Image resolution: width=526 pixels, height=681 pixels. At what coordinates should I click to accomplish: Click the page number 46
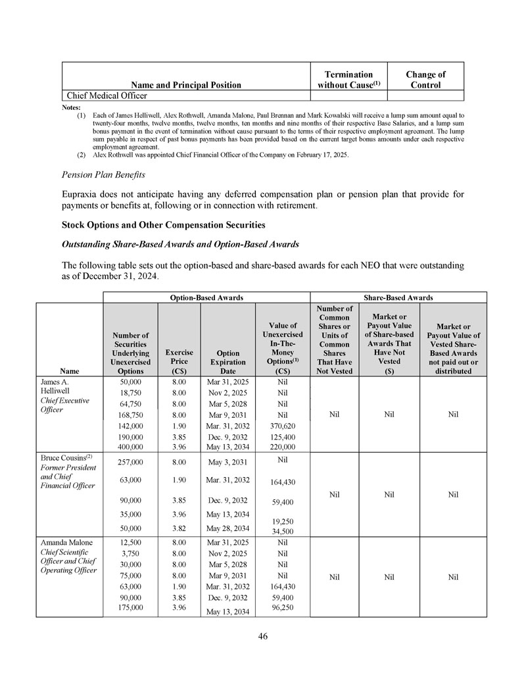(262, 636)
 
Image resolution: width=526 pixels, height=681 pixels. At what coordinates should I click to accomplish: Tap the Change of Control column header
(425, 80)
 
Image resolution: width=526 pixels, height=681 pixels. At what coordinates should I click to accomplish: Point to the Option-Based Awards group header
(206, 297)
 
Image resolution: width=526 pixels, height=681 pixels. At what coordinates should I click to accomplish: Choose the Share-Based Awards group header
(398, 297)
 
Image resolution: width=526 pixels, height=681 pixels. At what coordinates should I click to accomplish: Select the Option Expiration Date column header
(227, 361)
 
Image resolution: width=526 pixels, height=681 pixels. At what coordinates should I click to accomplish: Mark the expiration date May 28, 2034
(227, 528)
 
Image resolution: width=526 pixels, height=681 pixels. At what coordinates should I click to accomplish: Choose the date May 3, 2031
(227, 463)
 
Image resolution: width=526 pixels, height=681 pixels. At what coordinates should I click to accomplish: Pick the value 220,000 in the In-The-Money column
(282, 447)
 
